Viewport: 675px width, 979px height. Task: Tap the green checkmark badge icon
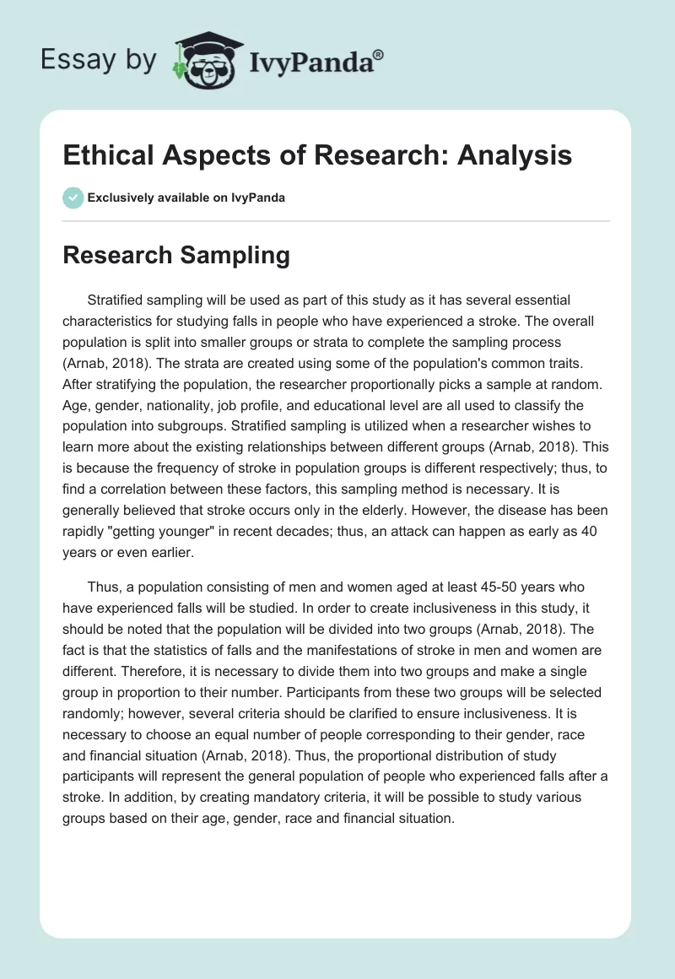pyautogui.click(x=73, y=197)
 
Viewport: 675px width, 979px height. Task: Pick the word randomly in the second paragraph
pyautogui.click(x=94, y=718)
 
